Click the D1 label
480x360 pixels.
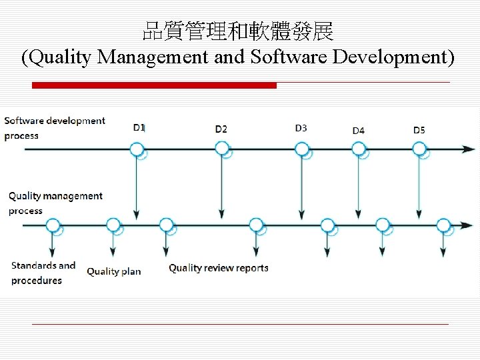tap(139, 127)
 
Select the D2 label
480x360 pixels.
tap(221, 129)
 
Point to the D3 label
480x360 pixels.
tap(301, 128)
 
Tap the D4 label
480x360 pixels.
tap(359, 131)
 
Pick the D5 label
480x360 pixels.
tap(419, 130)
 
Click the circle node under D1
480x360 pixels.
tap(137, 149)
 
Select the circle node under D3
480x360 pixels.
tap(301, 149)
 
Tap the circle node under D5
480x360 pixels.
tap(419, 149)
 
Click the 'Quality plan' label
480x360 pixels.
tap(114, 271)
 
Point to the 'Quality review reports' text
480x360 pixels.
tap(219, 268)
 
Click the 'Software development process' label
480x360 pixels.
tap(54, 128)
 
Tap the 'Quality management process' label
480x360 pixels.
tap(55, 203)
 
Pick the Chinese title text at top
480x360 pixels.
tap(239, 31)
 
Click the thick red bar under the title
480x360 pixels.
tap(154, 85)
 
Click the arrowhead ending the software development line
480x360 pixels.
tap(471, 149)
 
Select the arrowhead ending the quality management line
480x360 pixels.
tap(471, 225)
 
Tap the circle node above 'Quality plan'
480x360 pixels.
tap(113, 225)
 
